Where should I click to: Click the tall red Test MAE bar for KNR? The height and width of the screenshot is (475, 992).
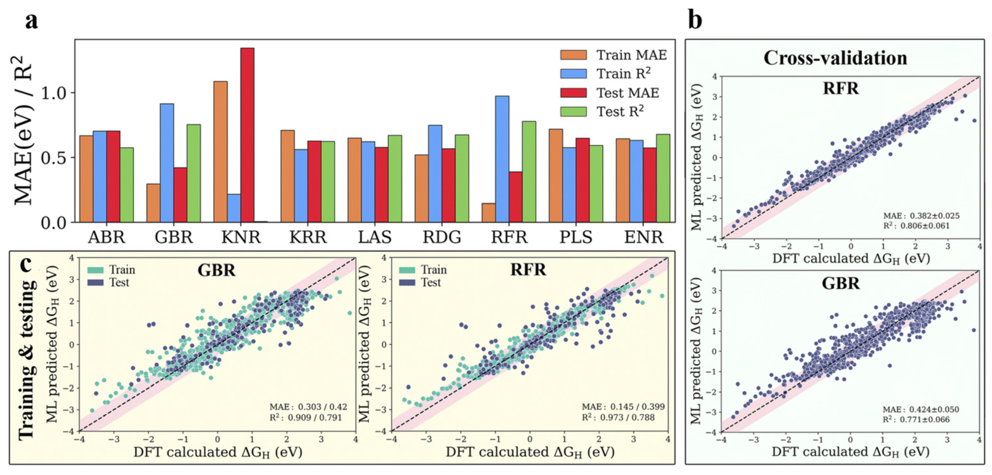pyautogui.click(x=247, y=135)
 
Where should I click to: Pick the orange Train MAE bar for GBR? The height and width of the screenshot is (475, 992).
pyautogui.click(x=153, y=203)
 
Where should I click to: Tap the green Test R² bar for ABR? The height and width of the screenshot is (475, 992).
pyautogui.click(x=127, y=185)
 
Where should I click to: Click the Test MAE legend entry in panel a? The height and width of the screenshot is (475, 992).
pyautogui.click(x=628, y=93)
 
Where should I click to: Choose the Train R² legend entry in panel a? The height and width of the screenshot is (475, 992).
pyautogui.click(x=623, y=74)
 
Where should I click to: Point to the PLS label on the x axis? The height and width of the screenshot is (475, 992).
pyautogui.click(x=576, y=237)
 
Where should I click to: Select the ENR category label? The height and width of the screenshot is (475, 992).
pyautogui.click(x=643, y=237)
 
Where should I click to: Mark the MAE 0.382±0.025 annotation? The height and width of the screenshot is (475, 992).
pyautogui.click(x=921, y=216)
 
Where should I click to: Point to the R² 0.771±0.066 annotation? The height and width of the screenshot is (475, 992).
pyautogui.click(x=916, y=419)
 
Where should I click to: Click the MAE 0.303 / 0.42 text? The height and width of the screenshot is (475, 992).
pyautogui.click(x=308, y=407)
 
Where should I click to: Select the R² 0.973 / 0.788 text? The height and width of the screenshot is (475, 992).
pyautogui.click(x=618, y=417)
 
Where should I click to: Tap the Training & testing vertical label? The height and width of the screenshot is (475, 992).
pyautogui.click(x=27, y=358)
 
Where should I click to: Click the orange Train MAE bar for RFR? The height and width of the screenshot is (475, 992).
pyautogui.click(x=489, y=212)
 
